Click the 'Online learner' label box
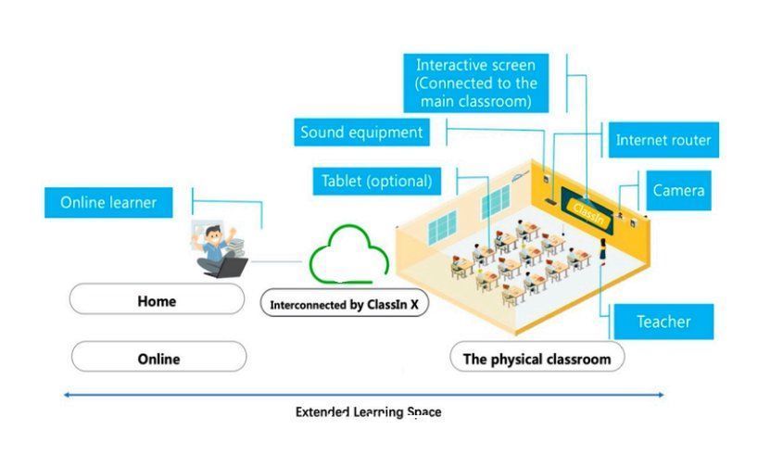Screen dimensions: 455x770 [108, 202]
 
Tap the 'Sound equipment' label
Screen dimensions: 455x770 [361, 133]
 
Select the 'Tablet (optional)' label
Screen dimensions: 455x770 [376, 181]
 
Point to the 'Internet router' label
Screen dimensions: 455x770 [663, 141]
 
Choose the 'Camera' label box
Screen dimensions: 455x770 [678, 191]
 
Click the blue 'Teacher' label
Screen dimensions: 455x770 [663, 322]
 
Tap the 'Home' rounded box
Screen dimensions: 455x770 [156, 301]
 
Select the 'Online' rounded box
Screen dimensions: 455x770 [158, 358]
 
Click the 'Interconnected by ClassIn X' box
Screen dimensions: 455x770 [345, 303]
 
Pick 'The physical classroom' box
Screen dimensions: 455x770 [536, 358]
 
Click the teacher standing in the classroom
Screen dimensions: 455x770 [601, 249]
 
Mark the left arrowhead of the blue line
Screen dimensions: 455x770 [66, 395]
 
